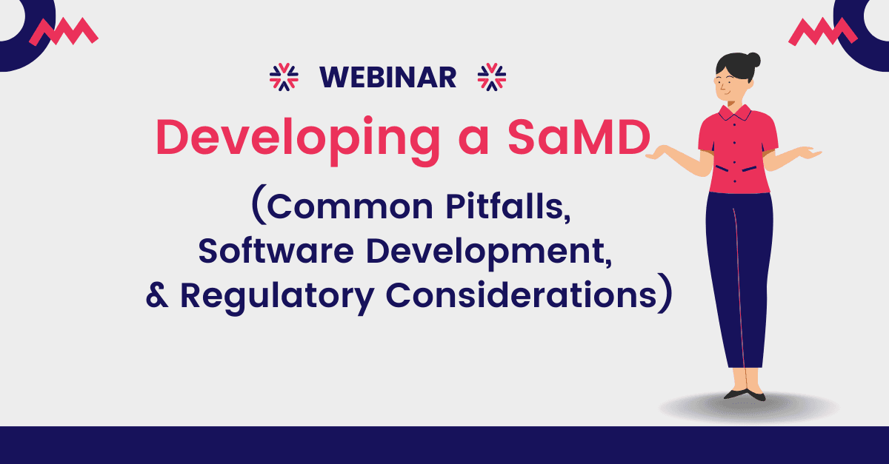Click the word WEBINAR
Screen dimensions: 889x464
(387, 77)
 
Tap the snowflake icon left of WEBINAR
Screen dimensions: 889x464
(284, 77)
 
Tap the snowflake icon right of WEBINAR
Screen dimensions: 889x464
(492, 77)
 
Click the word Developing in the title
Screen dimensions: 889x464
(298, 140)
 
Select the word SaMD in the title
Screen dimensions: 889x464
(579, 136)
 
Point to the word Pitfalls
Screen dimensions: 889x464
(508, 206)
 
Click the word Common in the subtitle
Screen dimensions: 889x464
(350, 207)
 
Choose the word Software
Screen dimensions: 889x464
(276, 251)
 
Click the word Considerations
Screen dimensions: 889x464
(521, 295)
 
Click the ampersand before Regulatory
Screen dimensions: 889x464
(157, 295)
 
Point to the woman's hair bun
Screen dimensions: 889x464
(753, 60)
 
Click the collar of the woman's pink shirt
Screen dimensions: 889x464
(735, 112)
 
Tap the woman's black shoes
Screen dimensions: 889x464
(745, 394)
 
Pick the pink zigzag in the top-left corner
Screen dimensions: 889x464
(64, 31)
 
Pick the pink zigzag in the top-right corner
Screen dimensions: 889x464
(823, 31)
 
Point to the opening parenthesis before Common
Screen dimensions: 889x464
(259, 206)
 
